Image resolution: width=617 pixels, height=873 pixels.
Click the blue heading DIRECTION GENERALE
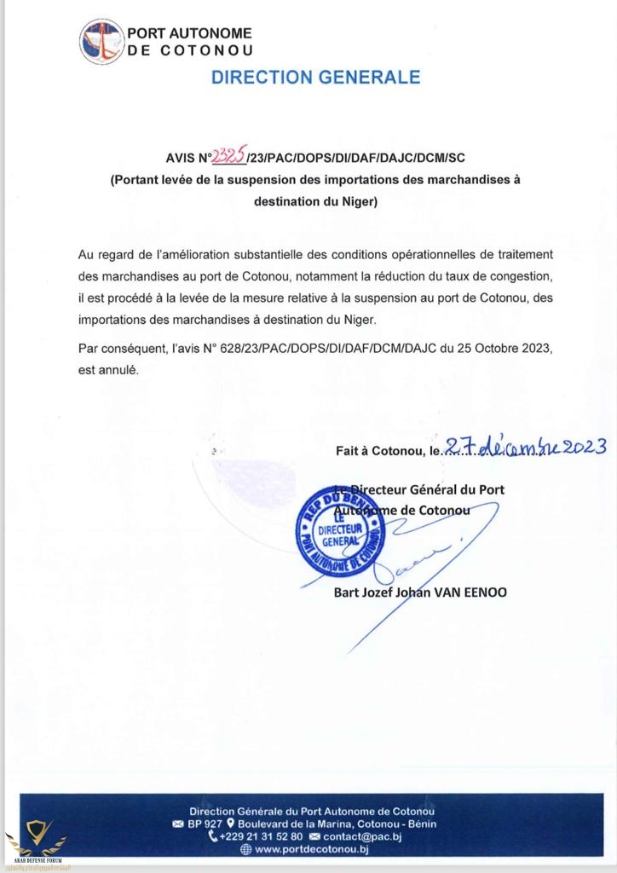[x=315, y=77]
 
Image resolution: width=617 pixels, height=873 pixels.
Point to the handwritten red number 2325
[x=228, y=155]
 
